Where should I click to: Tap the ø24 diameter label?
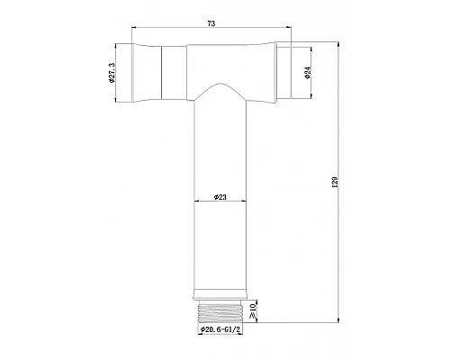(309, 76)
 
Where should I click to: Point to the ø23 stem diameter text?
(220, 197)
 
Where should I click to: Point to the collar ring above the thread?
(220, 293)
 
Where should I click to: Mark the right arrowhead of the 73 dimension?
(298, 34)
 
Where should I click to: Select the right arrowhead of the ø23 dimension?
(244, 202)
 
